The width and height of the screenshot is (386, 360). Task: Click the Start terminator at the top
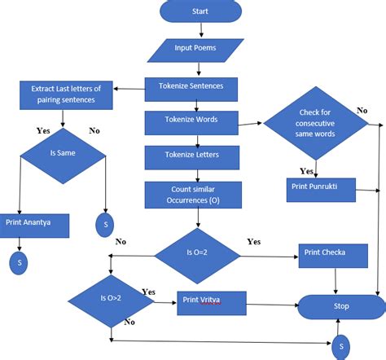coord(200,12)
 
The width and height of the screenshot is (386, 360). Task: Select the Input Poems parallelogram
coord(195,48)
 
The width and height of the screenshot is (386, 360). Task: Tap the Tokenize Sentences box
coord(191,86)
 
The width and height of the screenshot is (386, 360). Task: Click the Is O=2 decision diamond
coord(198,253)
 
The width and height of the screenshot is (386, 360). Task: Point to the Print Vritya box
coord(210,303)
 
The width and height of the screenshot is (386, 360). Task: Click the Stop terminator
coord(340,306)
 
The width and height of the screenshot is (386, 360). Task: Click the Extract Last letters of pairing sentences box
coord(67,94)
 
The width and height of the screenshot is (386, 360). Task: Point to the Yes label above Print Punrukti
coord(307,171)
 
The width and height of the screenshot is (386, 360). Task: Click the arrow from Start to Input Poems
coord(200,31)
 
